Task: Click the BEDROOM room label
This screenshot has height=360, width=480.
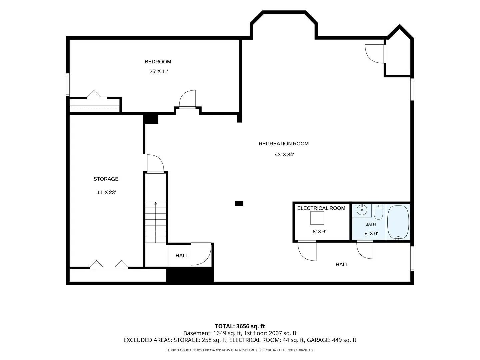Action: click(158, 62)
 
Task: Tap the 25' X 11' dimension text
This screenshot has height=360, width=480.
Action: click(159, 71)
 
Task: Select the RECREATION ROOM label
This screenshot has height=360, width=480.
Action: click(284, 144)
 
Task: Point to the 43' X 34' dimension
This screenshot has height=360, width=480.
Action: click(284, 155)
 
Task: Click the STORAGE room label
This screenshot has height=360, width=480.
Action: click(106, 179)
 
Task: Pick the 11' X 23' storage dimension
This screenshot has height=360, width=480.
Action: click(106, 192)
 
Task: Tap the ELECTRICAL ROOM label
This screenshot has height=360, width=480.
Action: click(321, 208)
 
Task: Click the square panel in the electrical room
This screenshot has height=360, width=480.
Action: click(317, 218)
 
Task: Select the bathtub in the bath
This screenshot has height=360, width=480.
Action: click(398, 222)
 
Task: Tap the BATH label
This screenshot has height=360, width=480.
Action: click(370, 224)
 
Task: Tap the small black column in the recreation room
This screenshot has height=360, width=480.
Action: click(239, 203)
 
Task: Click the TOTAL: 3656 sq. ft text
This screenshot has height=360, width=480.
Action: click(240, 326)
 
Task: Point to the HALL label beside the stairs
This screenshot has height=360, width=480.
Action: click(182, 256)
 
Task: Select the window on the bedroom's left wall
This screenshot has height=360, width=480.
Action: click(68, 85)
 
